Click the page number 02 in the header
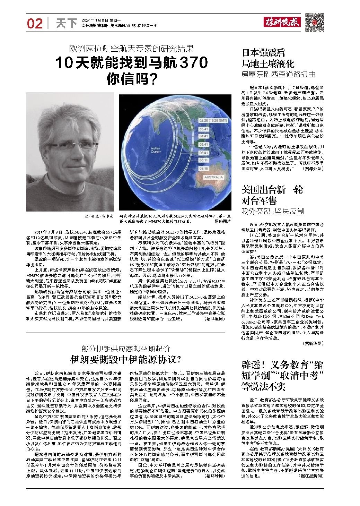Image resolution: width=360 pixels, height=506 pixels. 35,24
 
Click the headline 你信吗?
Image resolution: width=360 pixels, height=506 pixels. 132,79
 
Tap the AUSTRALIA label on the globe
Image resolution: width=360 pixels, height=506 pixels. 213,177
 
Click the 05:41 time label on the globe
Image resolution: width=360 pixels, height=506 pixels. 203,144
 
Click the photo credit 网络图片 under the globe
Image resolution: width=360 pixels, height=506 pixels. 222,221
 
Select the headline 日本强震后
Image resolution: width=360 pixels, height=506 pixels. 263,53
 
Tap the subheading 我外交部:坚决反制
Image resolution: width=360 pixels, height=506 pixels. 273,211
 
